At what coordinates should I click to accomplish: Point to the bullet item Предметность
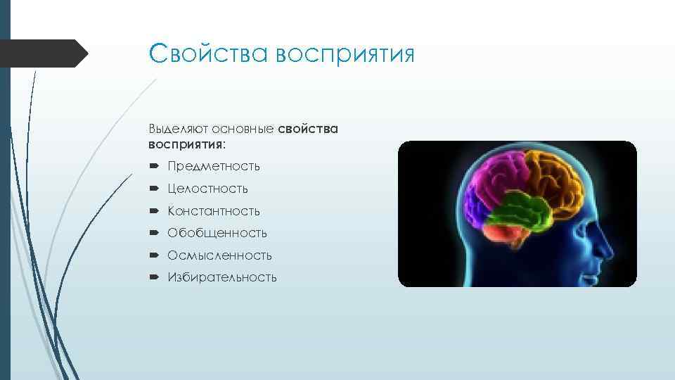[x=214, y=167]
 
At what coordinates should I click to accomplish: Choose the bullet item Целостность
[x=207, y=189]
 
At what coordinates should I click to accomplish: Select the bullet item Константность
[x=214, y=211]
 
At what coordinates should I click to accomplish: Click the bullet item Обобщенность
[x=217, y=233]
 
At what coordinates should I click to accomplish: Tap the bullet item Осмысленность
[x=219, y=255]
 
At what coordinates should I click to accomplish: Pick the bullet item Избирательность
[x=222, y=277]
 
